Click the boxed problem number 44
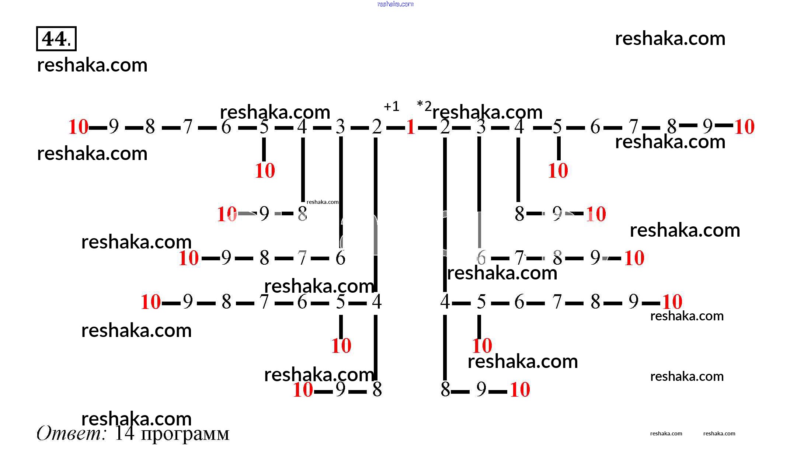pos(56,39)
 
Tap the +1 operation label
pos(391,107)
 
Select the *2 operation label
pos(424,106)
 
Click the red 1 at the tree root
pos(411,128)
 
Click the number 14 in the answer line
pos(124,433)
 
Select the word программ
pos(185,434)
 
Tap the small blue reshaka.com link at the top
pos(396,4)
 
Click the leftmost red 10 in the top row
pos(78,127)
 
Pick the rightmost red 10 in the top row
pos(744,127)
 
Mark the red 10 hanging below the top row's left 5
pos(265,171)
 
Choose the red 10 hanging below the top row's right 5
pos(558,171)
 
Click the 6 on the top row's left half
pos(226,127)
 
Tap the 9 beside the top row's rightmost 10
pos(707,126)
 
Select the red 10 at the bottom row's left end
pos(303,390)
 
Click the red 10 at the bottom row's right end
pos(520,390)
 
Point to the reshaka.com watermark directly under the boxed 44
pos(92,65)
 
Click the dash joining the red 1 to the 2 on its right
pos(427,128)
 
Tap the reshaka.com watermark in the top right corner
pos(670,39)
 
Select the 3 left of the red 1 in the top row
pos(340,127)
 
